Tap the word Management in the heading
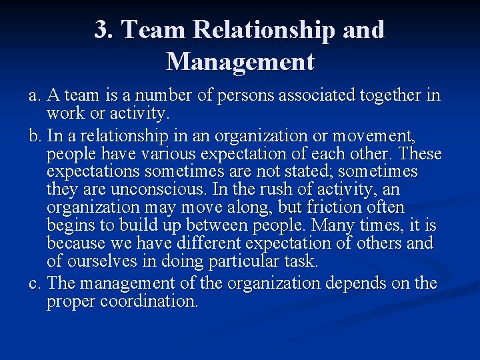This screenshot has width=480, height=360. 240,62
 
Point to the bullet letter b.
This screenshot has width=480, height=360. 34,137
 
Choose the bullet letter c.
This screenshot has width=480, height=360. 33,283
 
